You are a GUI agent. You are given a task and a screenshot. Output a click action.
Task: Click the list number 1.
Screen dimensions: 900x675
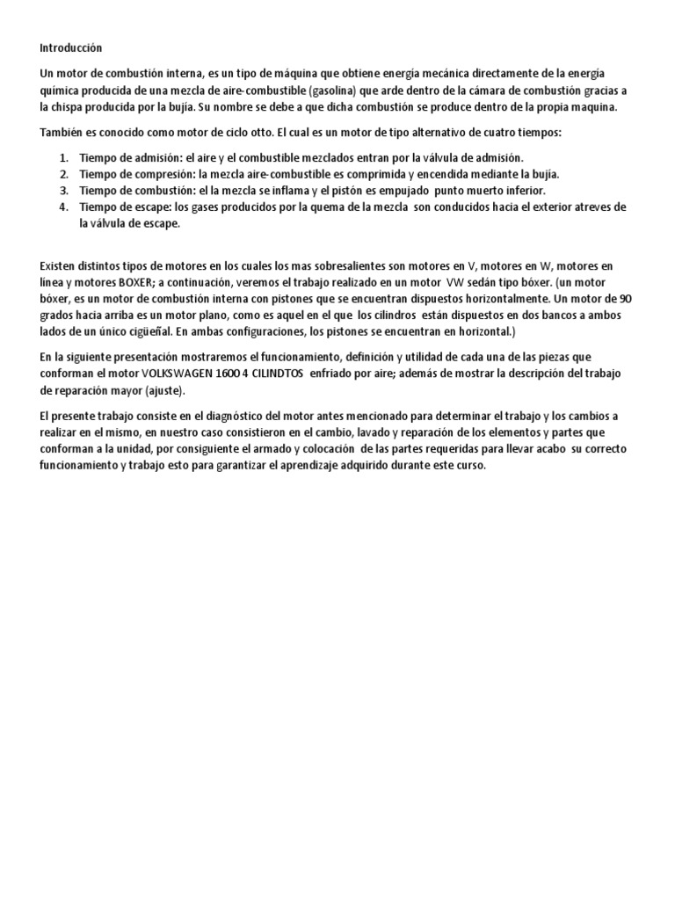63,157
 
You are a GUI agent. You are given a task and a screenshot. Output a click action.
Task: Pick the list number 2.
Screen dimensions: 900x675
63,174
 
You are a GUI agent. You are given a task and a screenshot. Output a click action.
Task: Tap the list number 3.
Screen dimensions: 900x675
63,191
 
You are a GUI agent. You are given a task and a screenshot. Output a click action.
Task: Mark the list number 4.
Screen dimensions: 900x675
63,207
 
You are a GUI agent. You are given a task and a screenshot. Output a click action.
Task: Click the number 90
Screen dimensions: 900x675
625,298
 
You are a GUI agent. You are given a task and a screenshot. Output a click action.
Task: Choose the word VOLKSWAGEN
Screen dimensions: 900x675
183,373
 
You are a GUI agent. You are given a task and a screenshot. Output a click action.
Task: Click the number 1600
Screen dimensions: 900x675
240,373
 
